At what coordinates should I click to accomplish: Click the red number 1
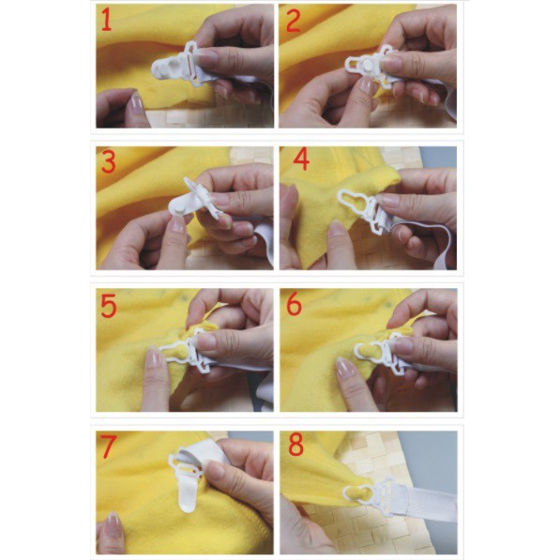tap(107, 20)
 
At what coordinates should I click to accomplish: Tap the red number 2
tap(294, 21)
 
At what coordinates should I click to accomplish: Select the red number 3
tap(109, 161)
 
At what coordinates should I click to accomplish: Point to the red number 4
tap(301, 159)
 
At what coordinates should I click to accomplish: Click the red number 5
tap(109, 306)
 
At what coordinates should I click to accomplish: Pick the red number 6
tap(294, 304)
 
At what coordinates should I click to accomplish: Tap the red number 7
tap(108, 446)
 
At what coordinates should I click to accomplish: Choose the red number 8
tap(295, 445)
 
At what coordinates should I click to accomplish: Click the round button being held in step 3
tap(177, 206)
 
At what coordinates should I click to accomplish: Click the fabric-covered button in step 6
tap(364, 352)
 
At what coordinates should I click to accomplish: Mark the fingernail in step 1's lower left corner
tap(137, 101)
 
